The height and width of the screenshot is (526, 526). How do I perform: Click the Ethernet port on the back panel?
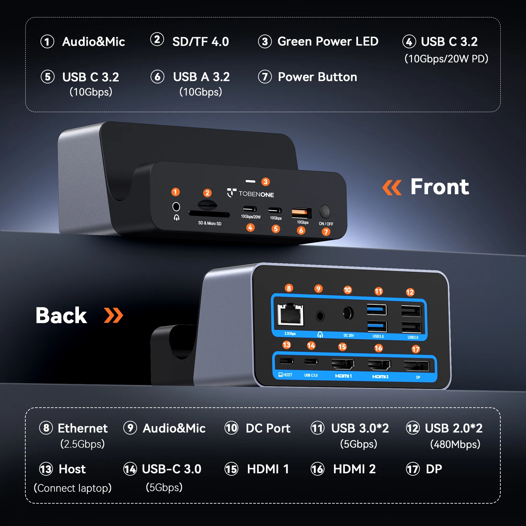pyautogui.click(x=290, y=315)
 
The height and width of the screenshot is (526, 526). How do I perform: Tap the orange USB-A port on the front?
pyautogui.click(x=301, y=213)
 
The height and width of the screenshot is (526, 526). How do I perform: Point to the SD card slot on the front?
pyautogui.click(x=209, y=214)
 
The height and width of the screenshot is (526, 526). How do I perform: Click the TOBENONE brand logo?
pyautogui.click(x=251, y=193)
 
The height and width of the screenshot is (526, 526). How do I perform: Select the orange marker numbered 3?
pyautogui.click(x=265, y=182)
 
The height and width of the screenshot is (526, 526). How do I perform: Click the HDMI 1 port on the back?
pyautogui.click(x=343, y=364)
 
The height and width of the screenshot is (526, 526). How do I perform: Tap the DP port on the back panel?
pyautogui.click(x=417, y=366)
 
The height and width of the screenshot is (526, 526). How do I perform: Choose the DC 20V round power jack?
pyautogui.click(x=348, y=313)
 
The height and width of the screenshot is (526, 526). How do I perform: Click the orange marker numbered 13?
pyautogui.click(x=287, y=345)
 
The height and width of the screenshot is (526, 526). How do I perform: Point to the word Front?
pyautogui.click(x=440, y=187)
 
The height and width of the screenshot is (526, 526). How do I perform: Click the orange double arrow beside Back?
pyautogui.click(x=113, y=316)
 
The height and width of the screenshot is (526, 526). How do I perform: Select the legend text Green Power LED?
pyautogui.click(x=328, y=42)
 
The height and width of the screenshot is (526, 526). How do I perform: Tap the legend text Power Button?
pyautogui.click(x=317, y=77)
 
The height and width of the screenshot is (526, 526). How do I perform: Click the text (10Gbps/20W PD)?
pyautogui.click(x=446, y=59)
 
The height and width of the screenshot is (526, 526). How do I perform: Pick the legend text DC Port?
pyautogui.click(x=268, y=428)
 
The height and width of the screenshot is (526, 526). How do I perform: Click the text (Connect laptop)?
pyautogui.click(x=73, y=488)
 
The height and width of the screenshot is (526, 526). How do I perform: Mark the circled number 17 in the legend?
pyautogui.click(x=413, y=469)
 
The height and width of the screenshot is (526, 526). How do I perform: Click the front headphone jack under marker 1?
pyautogui.click(x=176, y=206)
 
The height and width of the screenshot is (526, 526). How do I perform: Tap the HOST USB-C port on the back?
pyautogui.click(x=286, y=361)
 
